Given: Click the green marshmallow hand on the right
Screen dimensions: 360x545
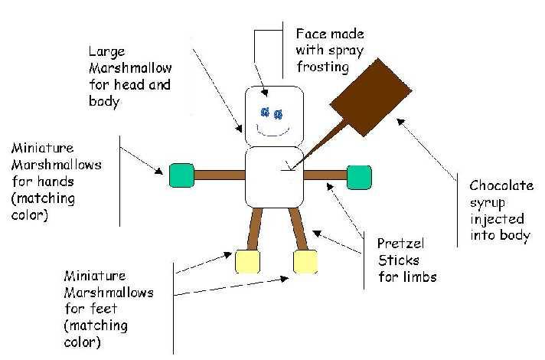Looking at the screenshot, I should point(358,176).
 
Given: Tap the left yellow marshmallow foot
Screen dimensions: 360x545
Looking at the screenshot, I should point(246,262).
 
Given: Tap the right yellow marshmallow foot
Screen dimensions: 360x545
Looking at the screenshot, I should point(305,262).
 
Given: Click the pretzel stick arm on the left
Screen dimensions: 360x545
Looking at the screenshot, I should point(218,175).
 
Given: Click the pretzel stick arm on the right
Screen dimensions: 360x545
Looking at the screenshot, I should point(325,175).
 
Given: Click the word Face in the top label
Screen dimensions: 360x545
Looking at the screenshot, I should point(310,34).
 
